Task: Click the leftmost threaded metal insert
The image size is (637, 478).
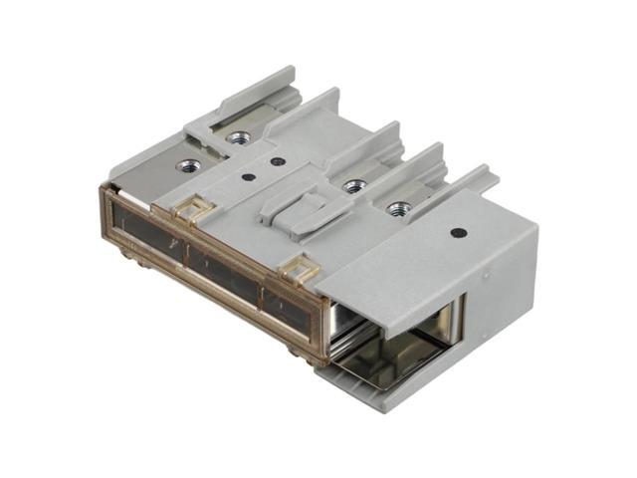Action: pyautogui.click(x=188, y=164)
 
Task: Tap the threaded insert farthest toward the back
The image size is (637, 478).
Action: pyautogui.click(x=238, y=137)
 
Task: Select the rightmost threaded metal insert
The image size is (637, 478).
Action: pyautogui.click(x=399, y=208)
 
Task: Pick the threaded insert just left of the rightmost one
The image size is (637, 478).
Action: pyautogui.click(x=352, y=185)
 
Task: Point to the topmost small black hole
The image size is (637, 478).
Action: pyautogui.click(x=278, y=160)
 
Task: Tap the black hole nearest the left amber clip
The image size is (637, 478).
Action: pyautogui.click(x=248, y=179)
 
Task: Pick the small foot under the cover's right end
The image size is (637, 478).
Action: pyautogui.click(x=300, y=349)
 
